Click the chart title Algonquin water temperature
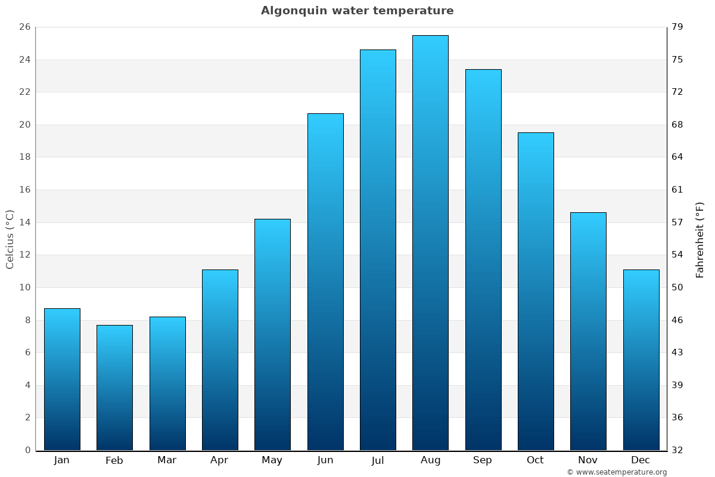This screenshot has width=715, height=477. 357,11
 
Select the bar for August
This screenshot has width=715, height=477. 430,243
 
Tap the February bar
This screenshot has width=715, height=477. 114,388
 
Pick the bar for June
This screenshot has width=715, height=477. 325,281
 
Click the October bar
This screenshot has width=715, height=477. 536,291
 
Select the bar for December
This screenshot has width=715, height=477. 641,360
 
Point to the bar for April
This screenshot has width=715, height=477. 220,360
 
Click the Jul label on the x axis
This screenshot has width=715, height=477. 378,460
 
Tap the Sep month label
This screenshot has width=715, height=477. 483,460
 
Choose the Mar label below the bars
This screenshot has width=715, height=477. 167,460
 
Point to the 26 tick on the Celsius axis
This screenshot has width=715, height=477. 24,27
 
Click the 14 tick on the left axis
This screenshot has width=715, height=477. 24,222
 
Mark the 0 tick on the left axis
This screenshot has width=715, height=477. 27,450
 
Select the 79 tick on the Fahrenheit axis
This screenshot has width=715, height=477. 677,27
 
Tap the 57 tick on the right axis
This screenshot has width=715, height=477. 677,222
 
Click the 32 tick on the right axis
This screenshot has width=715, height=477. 677,450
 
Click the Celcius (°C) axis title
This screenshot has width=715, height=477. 10,239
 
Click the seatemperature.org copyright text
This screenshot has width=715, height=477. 617,472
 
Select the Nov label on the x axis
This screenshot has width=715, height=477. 588,460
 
